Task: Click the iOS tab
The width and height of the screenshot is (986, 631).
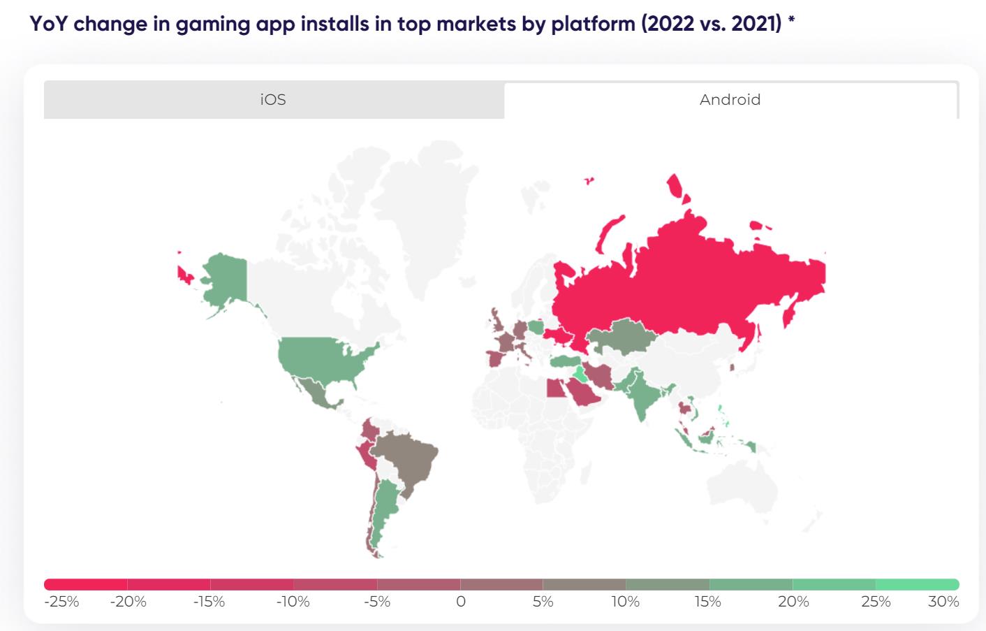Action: coord(273,100)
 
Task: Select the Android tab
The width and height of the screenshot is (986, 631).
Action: coord(730,100)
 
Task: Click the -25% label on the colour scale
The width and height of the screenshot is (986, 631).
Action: coord(61,602)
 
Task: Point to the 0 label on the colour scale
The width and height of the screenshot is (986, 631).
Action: coord(460,602)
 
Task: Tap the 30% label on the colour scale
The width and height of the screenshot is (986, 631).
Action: coord(943,602)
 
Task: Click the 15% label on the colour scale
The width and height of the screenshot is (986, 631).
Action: coord(707,602)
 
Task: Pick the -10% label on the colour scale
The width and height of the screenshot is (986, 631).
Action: coord(293,602)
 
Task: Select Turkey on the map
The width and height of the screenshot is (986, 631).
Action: coord(566,361)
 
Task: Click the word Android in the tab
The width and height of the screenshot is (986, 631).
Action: coord(730,100)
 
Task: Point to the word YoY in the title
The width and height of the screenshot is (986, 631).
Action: coord(47,24)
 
